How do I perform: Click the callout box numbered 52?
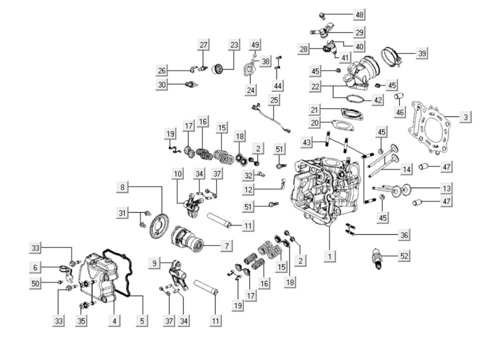405,256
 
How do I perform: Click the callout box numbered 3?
465,117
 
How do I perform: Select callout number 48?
359,14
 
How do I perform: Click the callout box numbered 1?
329,257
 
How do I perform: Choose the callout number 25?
274,100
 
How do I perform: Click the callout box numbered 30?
162,85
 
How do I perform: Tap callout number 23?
234,44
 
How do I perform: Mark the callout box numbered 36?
405,235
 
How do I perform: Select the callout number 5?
143,321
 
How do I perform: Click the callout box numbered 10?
178,174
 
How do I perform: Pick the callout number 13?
447,188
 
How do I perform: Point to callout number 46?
400,112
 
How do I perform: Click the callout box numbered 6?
35,268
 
